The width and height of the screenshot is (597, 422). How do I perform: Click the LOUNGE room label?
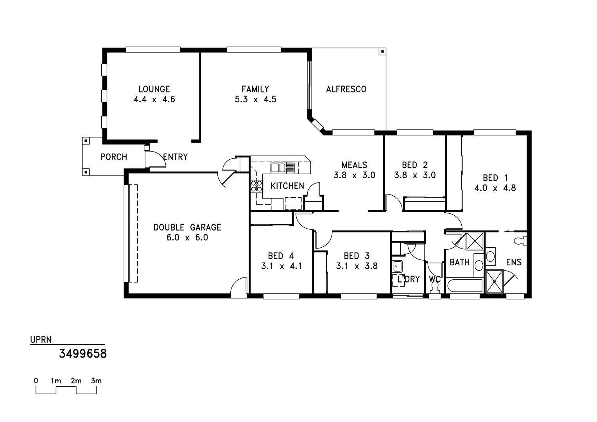[154, 89]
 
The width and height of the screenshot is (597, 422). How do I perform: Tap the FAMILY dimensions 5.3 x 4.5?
[255, 99]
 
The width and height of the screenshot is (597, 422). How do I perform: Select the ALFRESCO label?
[346, 89]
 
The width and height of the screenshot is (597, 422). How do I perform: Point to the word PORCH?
[113, 157]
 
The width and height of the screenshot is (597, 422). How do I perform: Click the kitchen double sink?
[283, 168]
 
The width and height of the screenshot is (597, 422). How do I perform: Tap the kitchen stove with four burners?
[256, 186]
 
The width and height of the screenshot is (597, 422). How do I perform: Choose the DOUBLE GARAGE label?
[187, 227]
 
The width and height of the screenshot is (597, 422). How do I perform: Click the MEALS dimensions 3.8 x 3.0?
[355, 175]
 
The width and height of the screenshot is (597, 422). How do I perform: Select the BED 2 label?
[415, 165]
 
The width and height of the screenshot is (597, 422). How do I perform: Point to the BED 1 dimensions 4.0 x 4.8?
[495, 188]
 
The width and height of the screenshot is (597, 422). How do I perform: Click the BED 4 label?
[281, 256]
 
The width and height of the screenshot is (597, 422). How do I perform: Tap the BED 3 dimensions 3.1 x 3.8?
[357, 266]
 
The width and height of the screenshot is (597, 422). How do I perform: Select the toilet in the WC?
[435, 288]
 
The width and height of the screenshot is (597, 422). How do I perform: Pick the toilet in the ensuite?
[520, 241]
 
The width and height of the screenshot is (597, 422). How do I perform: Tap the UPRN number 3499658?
[82, 354]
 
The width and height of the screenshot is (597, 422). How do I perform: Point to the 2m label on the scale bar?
[76, 381]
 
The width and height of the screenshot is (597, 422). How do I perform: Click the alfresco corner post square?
[382, 51]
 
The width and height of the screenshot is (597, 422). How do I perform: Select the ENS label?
[514, 262]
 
